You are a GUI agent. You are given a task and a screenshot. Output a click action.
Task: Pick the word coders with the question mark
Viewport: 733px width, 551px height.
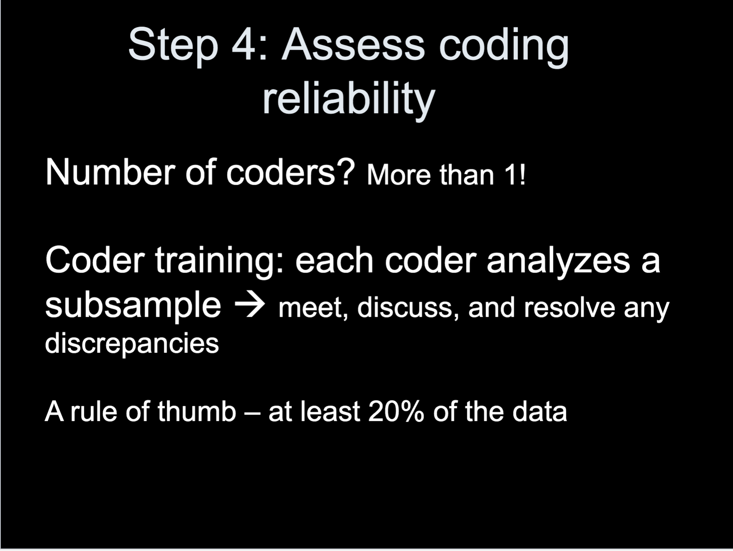[290, 172]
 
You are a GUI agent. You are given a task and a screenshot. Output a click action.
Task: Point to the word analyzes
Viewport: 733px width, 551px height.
[558, 261]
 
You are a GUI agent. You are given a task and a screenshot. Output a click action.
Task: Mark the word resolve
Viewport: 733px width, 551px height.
[570, 308]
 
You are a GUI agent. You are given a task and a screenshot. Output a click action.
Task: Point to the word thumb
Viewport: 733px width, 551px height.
[196, 412]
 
